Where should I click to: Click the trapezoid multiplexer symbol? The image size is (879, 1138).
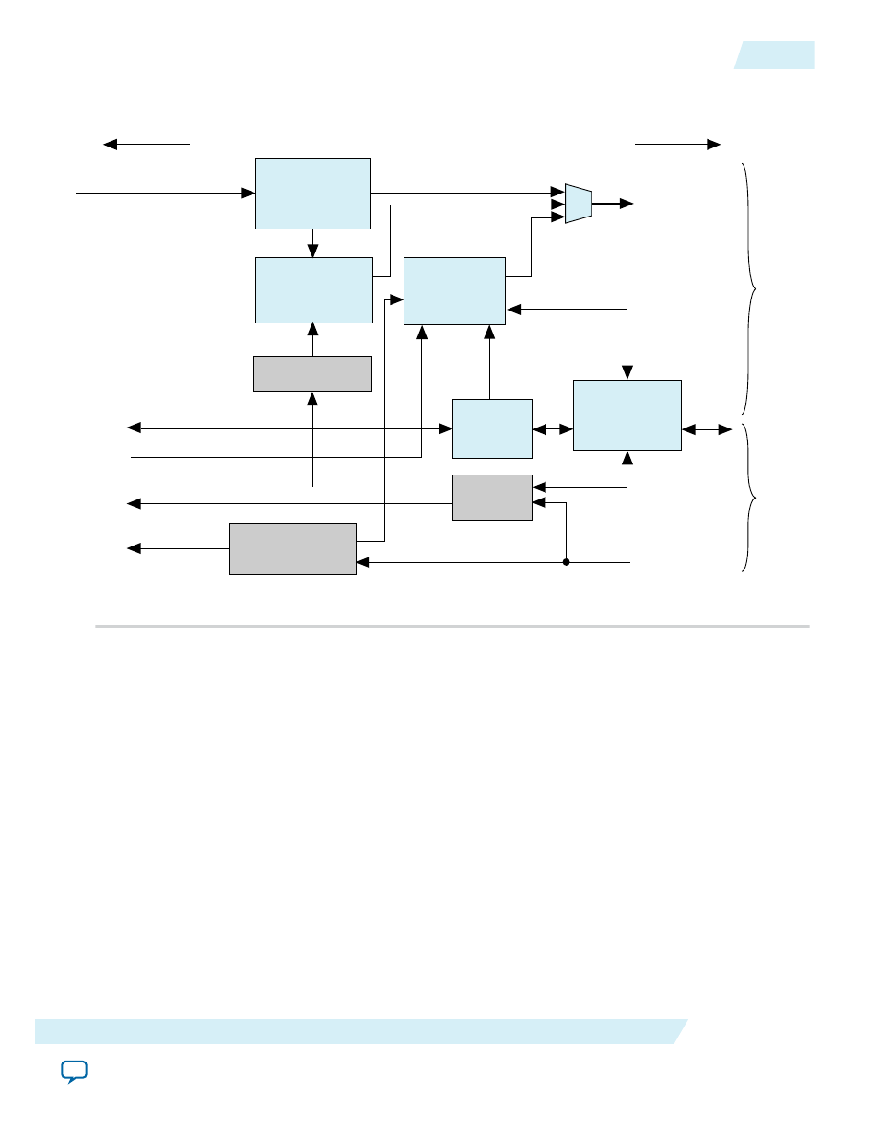[578, 204]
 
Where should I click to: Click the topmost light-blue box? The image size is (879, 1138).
[312, 194]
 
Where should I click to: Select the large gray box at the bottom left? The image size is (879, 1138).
[292, 549]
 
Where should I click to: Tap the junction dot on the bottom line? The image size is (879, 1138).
[566, 562]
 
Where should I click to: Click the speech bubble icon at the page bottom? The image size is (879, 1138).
[74, 1072]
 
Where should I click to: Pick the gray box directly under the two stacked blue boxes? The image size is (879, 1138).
[312, 373]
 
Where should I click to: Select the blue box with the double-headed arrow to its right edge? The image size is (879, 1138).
[627, 415]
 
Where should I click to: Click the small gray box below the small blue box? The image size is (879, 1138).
[492, 498]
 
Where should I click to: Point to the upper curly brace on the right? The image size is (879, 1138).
[750, 289]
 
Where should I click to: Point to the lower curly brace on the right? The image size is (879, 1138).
[750, 498]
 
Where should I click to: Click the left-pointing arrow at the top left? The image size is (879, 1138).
[111, 144]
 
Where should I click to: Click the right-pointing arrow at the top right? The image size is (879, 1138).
[712, 144]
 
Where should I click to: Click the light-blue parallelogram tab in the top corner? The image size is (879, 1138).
[775, 55]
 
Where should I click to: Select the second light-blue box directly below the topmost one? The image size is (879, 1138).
[313, 290]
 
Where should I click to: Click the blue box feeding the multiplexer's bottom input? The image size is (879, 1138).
[454, 291]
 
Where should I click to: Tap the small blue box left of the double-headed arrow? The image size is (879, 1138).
[492, 428]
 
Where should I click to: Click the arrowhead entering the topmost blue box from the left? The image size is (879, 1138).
[248, 194]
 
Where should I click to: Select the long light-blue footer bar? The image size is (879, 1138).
[359, 1031]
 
